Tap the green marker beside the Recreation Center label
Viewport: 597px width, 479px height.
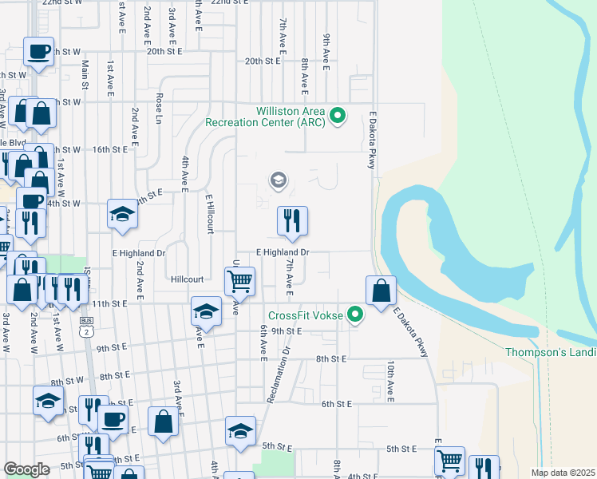338,117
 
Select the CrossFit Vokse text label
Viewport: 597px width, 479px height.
306,316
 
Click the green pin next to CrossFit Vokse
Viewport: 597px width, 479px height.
356,316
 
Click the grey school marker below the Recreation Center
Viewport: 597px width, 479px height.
278,180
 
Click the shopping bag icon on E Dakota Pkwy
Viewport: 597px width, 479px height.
382,291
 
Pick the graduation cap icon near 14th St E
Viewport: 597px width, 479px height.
122,214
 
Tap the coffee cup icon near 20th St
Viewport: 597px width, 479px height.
38,52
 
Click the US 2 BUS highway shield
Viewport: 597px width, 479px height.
85,326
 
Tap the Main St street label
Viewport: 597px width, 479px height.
85,74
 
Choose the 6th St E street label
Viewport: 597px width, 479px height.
337,405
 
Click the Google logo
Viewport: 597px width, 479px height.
27,469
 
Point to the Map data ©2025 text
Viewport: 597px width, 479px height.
562,473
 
